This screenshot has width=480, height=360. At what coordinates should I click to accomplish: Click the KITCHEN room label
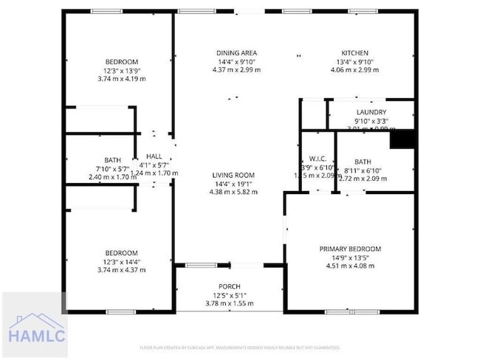pos(354,53)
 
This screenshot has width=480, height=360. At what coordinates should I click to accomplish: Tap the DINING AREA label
pos(236,53)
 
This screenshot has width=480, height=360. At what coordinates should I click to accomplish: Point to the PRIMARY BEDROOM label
pos(350,249)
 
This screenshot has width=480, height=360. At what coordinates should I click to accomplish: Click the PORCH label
pos(229,286)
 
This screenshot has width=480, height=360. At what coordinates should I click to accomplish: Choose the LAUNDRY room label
pos(371,113)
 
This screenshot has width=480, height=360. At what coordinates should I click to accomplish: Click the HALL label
pos(154,156)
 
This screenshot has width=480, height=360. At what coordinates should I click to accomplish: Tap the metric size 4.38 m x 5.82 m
pos(233,192)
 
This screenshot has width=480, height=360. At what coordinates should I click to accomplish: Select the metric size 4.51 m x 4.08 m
pos(350,266)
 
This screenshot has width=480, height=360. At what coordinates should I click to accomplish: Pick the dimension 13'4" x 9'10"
pos(354,62)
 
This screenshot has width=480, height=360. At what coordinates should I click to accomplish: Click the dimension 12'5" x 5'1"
pos(229,295)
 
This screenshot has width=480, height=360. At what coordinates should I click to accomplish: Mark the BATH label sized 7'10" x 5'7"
pos(112,160)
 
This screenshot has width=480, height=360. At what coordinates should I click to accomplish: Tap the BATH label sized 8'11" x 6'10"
pos(363,162)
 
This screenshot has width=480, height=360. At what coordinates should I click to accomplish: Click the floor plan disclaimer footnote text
pos(240,347)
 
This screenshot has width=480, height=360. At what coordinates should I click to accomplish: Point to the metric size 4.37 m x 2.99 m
pos(236,70)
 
